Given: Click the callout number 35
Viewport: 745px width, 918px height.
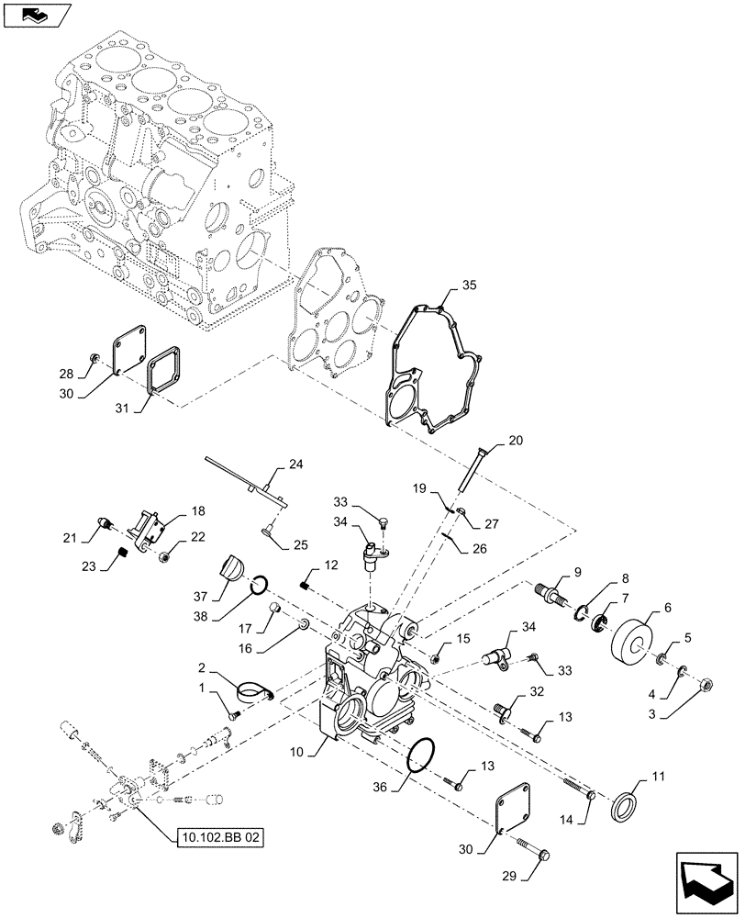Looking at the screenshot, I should tap(469, 286).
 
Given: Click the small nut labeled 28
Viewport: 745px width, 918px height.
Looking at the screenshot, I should tap(95, 354).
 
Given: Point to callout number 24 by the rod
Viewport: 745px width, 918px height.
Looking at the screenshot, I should tap(295, 465).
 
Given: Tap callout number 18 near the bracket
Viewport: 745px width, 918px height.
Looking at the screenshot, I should tap(197, 511).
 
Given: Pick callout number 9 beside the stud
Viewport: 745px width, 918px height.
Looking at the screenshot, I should tap(577, 573).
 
